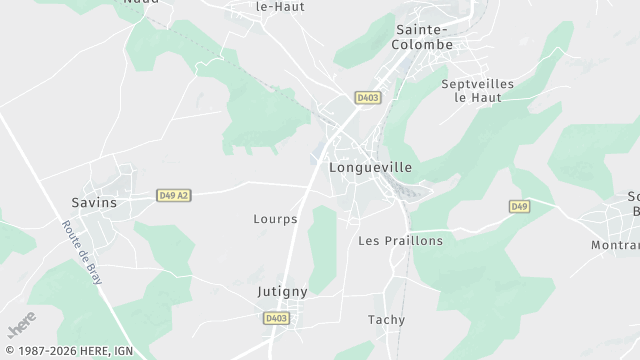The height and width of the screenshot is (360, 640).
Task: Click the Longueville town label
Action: (x=370, y=168)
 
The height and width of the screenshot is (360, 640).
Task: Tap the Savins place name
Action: (x=94, y=202)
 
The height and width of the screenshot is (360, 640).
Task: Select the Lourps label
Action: (x=275, y=218)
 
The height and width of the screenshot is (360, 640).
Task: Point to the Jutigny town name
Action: (x=281, y=291)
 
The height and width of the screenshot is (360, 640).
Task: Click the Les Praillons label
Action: (x=400, y=241)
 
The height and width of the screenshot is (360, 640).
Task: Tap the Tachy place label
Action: (x=386, y=320)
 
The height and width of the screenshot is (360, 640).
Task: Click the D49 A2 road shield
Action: (x=173, y=196)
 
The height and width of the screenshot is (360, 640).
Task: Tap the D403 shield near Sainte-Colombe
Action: (x=367, y=97)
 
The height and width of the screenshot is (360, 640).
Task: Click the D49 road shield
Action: (x=518, y=207)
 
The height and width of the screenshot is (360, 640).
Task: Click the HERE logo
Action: (x=21, y=326)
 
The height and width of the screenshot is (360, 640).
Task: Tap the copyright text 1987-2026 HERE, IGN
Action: (x=67, y=351)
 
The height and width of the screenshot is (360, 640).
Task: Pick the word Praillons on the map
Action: (x=413, y=241)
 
